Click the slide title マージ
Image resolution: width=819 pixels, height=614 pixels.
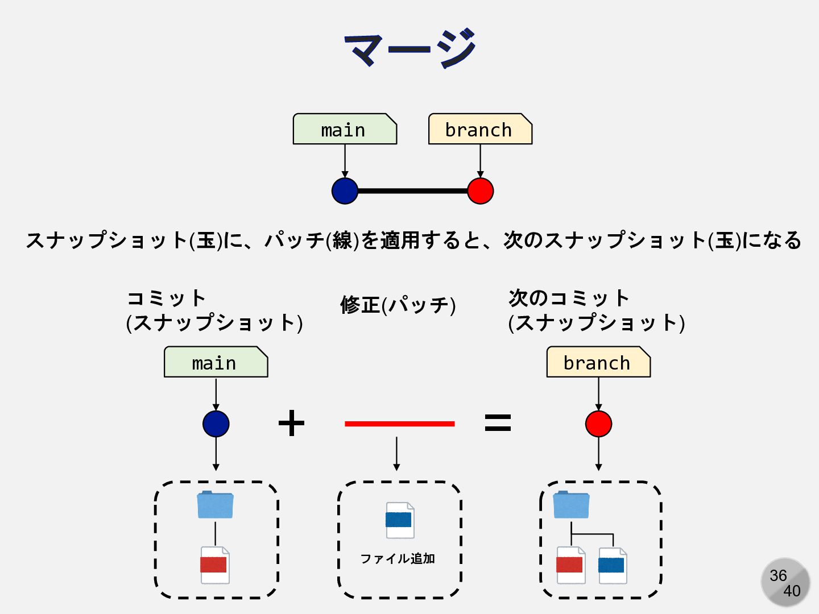409,48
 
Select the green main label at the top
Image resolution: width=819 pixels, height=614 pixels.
344,130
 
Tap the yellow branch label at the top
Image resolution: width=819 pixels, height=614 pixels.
479,130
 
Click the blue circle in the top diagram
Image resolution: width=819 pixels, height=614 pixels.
345,191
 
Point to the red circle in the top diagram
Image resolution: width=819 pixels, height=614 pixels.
480,191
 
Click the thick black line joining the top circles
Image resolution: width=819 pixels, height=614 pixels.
412,191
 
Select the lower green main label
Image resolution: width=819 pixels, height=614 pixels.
215,363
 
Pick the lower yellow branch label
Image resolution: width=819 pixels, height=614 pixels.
598,363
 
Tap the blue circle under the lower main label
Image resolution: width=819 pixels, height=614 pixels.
216,424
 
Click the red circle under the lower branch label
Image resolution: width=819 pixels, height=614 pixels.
598,424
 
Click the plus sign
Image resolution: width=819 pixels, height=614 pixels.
291,424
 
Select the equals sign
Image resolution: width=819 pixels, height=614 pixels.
498,422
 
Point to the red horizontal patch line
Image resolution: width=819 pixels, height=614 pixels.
399,424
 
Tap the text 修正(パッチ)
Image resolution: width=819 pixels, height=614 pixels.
398,305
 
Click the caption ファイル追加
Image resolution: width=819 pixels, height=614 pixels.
398,559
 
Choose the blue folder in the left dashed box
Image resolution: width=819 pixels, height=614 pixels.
215,505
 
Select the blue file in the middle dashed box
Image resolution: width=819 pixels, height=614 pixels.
399,520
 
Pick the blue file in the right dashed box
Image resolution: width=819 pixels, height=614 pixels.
612,565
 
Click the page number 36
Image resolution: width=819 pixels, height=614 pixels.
777,575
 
